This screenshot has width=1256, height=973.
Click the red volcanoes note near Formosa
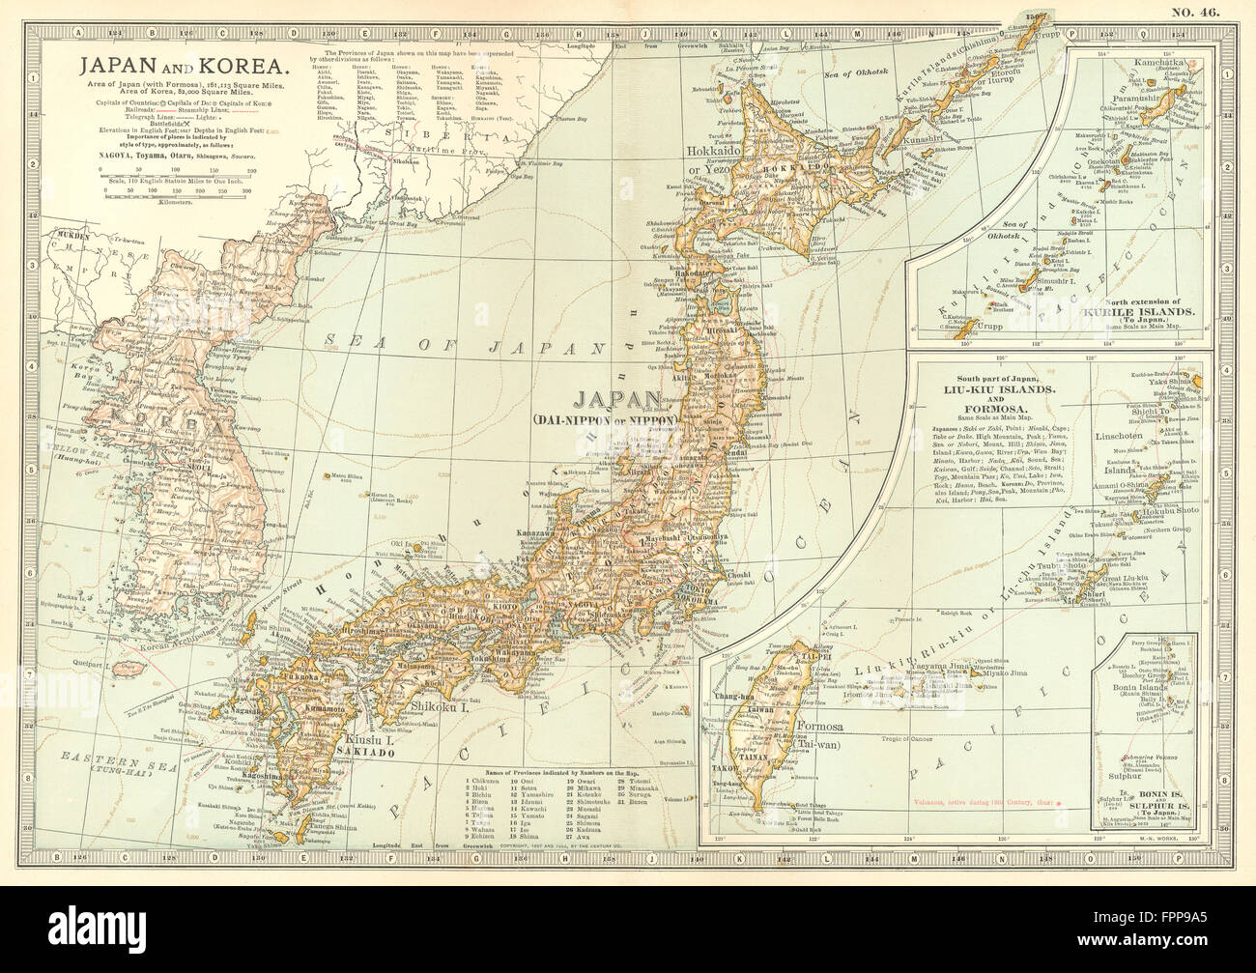tap(985, 801)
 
